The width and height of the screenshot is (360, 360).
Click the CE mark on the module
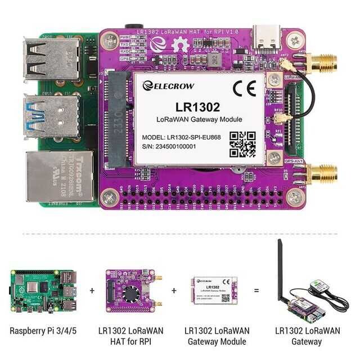tap(248, 88)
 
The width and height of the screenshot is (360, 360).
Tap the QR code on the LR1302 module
tap(242, 145)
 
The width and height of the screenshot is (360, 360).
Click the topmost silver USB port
tap(50, 58)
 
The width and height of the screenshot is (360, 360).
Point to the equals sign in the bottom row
tap(256, 291)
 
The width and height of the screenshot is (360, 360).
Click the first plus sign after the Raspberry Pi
tap(92, 291)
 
